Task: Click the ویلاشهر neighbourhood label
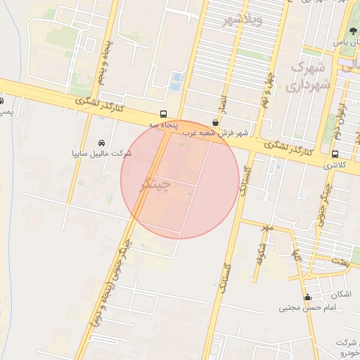tap(241, 19)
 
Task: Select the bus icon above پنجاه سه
tap(163, 113)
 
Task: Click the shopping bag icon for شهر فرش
tap(214, 122)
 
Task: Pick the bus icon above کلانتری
tap(334, 155)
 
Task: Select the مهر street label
tap(266, 229)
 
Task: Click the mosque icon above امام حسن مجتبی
tap(307, 297)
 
